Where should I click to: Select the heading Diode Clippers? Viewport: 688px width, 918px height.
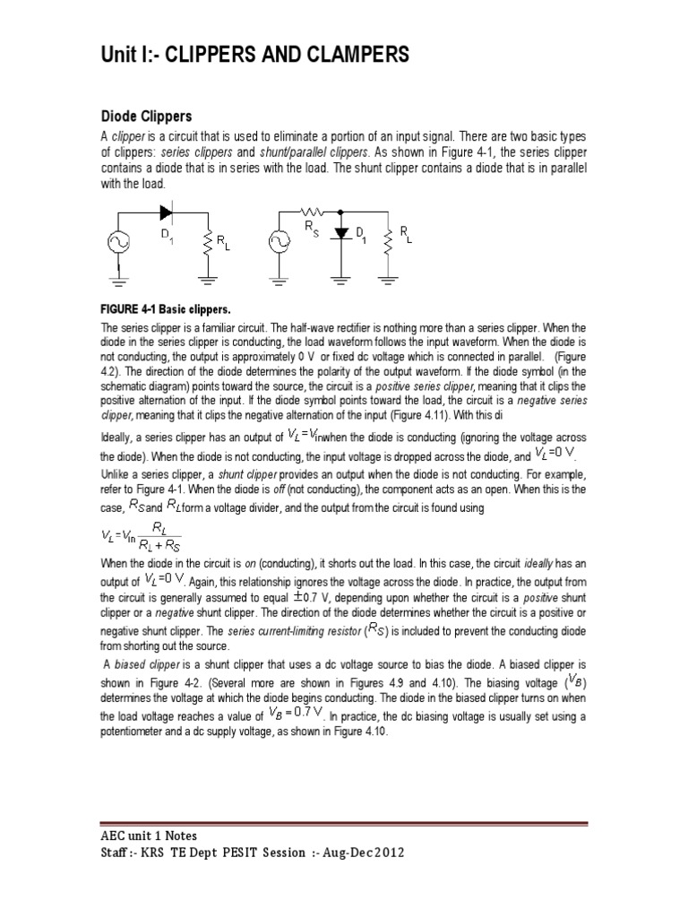click(x=148, y=117)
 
